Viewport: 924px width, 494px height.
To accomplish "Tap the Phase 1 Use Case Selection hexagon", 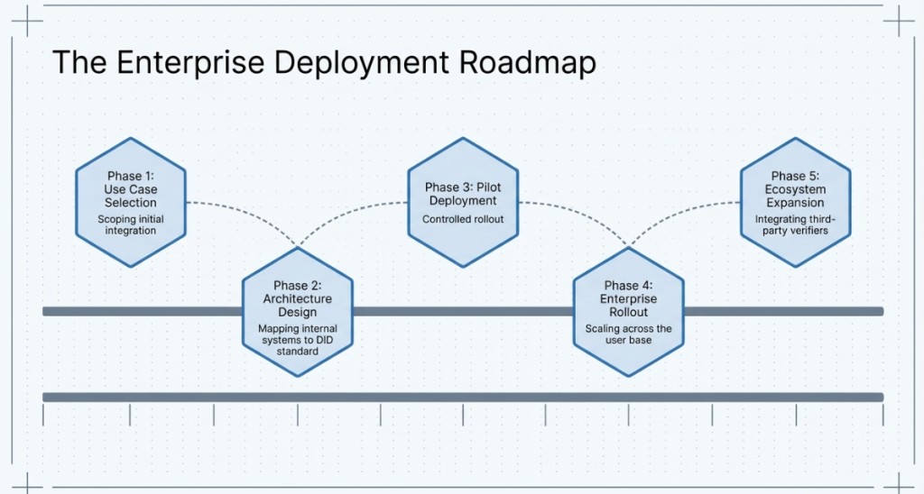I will coord(130,202).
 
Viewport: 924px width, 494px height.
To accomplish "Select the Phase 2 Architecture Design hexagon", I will coord(297,312).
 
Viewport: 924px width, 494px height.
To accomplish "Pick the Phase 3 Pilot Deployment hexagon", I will coord(463,202).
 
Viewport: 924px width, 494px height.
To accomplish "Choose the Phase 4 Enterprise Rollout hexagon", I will coord(629,312).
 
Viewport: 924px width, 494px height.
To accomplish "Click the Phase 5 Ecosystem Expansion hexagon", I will coord(795,202).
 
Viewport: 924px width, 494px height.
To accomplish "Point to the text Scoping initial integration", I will coord(131,224).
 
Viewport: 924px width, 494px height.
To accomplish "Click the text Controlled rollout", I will coord(463,219).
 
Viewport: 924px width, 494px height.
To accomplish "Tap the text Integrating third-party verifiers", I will coord(795,224).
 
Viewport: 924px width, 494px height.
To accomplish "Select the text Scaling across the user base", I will coord(629,334).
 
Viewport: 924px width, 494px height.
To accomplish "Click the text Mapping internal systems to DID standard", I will coord(297,340).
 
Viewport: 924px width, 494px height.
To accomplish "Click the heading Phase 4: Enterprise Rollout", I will coord(629,298).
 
